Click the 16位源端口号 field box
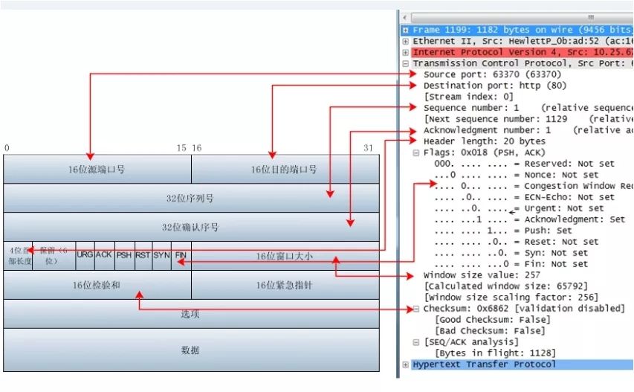coord(97,170)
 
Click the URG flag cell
coord(85,255)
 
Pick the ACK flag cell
coord(104,255)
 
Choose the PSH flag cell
coord(123,255)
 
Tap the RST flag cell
coord(143,255)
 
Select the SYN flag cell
coord(161,255)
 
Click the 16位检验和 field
coord(97,285)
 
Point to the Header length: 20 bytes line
coord(484,141)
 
